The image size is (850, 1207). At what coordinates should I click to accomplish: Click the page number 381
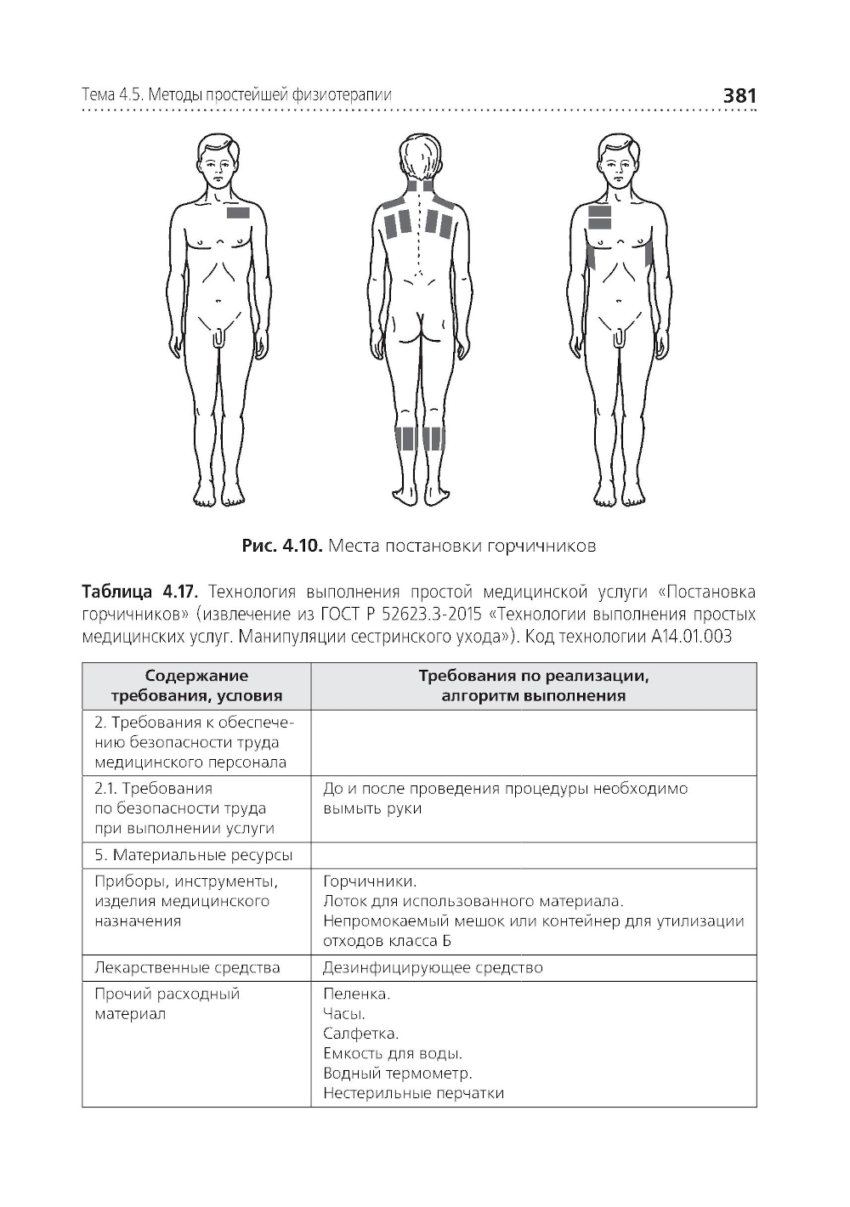738,96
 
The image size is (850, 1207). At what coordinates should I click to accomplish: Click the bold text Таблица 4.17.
139,592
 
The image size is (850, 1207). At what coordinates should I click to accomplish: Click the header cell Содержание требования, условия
196,686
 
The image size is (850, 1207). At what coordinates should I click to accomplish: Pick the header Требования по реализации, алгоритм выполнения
533,686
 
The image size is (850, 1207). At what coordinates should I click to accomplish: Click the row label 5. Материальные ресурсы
194,855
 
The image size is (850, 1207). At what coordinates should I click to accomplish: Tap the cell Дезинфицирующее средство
433,967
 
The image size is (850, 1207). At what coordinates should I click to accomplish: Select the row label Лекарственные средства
187,967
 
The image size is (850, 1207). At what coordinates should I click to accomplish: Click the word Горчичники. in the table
370,881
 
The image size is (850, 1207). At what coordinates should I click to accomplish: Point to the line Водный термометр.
397,1074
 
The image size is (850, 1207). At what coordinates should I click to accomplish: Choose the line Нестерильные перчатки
413,1093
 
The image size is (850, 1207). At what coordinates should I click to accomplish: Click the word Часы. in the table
343,1013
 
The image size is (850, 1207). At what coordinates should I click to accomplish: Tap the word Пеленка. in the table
356,994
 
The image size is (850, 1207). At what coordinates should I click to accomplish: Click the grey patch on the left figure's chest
238,212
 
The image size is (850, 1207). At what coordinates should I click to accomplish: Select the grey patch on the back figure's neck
420,188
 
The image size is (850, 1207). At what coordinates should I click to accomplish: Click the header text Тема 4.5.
111,95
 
